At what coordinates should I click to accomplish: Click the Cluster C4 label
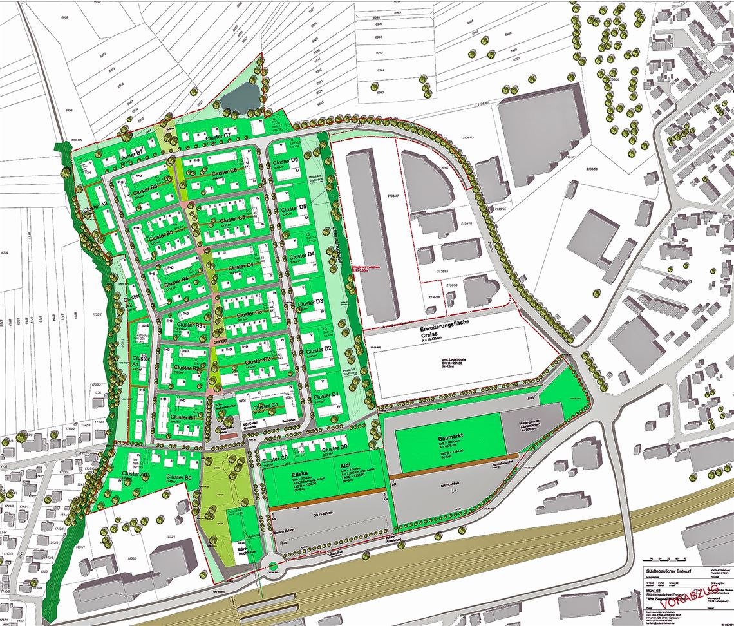(241, 267)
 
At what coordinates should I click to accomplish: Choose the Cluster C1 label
(265, 406)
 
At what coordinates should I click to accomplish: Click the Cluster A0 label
(136, 475)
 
